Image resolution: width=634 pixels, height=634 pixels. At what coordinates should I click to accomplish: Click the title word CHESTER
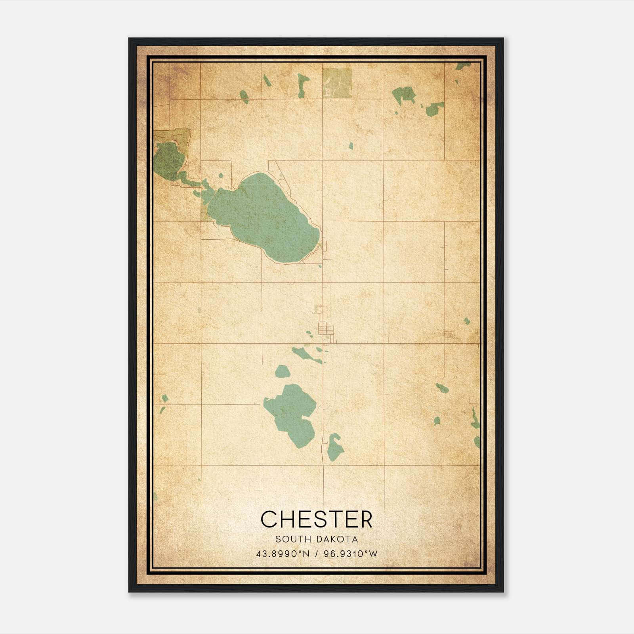point(317,519)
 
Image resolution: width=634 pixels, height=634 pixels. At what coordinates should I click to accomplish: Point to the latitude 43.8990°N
point(283,554)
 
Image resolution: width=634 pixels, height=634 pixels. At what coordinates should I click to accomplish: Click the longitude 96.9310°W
point(351,554)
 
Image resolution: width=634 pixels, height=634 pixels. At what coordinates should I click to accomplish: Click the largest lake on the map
point(265,218)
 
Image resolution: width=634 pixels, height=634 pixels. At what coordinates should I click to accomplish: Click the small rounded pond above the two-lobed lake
point(282,372)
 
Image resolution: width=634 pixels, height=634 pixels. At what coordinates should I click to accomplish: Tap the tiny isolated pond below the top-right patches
point(351,146)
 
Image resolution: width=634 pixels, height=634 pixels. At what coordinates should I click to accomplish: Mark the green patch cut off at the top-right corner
point(462,66)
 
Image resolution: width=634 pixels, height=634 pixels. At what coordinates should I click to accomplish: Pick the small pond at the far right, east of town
point(467,321)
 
